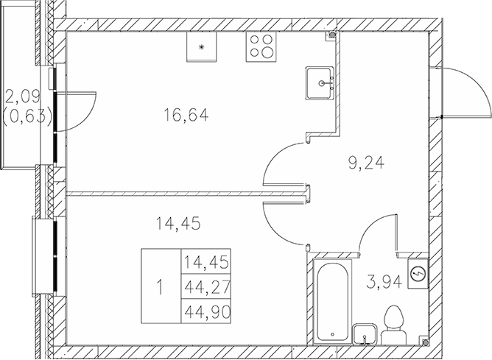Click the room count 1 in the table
[160, 286]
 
